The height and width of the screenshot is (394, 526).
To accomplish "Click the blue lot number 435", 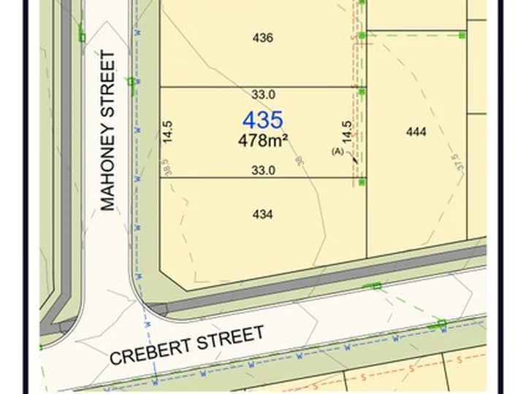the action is point(262,120).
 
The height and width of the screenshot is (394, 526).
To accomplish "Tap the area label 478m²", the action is point(262,140).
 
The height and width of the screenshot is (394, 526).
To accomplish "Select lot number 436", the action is point(262,38).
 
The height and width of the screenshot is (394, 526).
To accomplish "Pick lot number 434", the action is point(262,215).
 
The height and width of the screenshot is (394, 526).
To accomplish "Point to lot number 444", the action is point(416,132).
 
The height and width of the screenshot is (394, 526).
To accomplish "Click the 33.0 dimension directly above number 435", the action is point(263,94).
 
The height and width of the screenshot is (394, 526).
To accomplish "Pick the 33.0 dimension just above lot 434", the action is point(263,171).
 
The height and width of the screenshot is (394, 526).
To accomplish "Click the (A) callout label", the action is point(338,152).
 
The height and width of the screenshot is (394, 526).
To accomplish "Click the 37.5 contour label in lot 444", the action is point(457,161).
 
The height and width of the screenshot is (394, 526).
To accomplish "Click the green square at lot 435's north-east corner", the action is point(362,91).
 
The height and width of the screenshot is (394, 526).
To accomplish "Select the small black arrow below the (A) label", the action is point(355,159).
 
